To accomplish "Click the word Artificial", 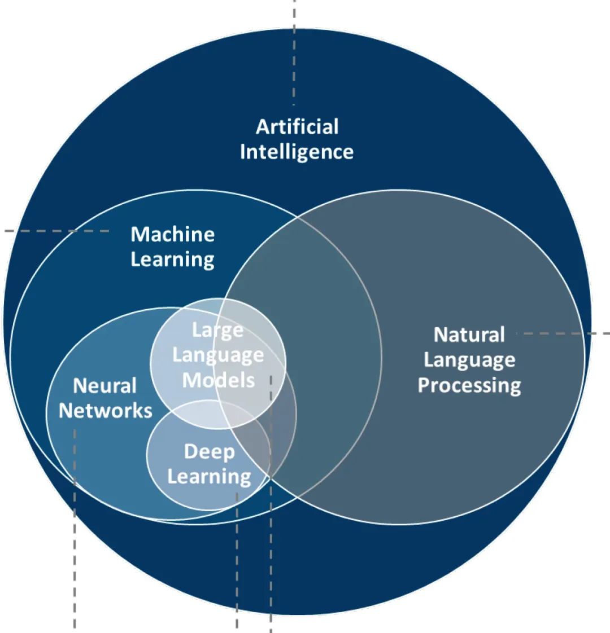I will click(x=297, y=127).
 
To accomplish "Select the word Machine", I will click(x=173, y=234).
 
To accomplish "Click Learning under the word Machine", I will click(x=173, y=260).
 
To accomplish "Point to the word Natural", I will click(x=469, y=335).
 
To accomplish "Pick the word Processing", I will click(x=469, y=385).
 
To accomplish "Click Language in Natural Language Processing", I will click(x=469, y=360).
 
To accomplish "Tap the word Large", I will click(x=217, y=329).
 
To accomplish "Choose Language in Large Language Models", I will click(x=217, y=355).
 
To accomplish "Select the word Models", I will click(x=218, y=380).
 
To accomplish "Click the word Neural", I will click(x=105, y=386).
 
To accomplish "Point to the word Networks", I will click(x=106, y=411).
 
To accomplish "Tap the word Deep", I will click(x=209, y=451).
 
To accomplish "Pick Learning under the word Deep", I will click(x=209, y=477).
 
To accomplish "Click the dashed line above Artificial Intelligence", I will click(x=294, y=51).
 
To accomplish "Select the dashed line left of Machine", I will click(x=56, y=231).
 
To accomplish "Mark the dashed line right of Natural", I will click(x=565, y=334).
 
